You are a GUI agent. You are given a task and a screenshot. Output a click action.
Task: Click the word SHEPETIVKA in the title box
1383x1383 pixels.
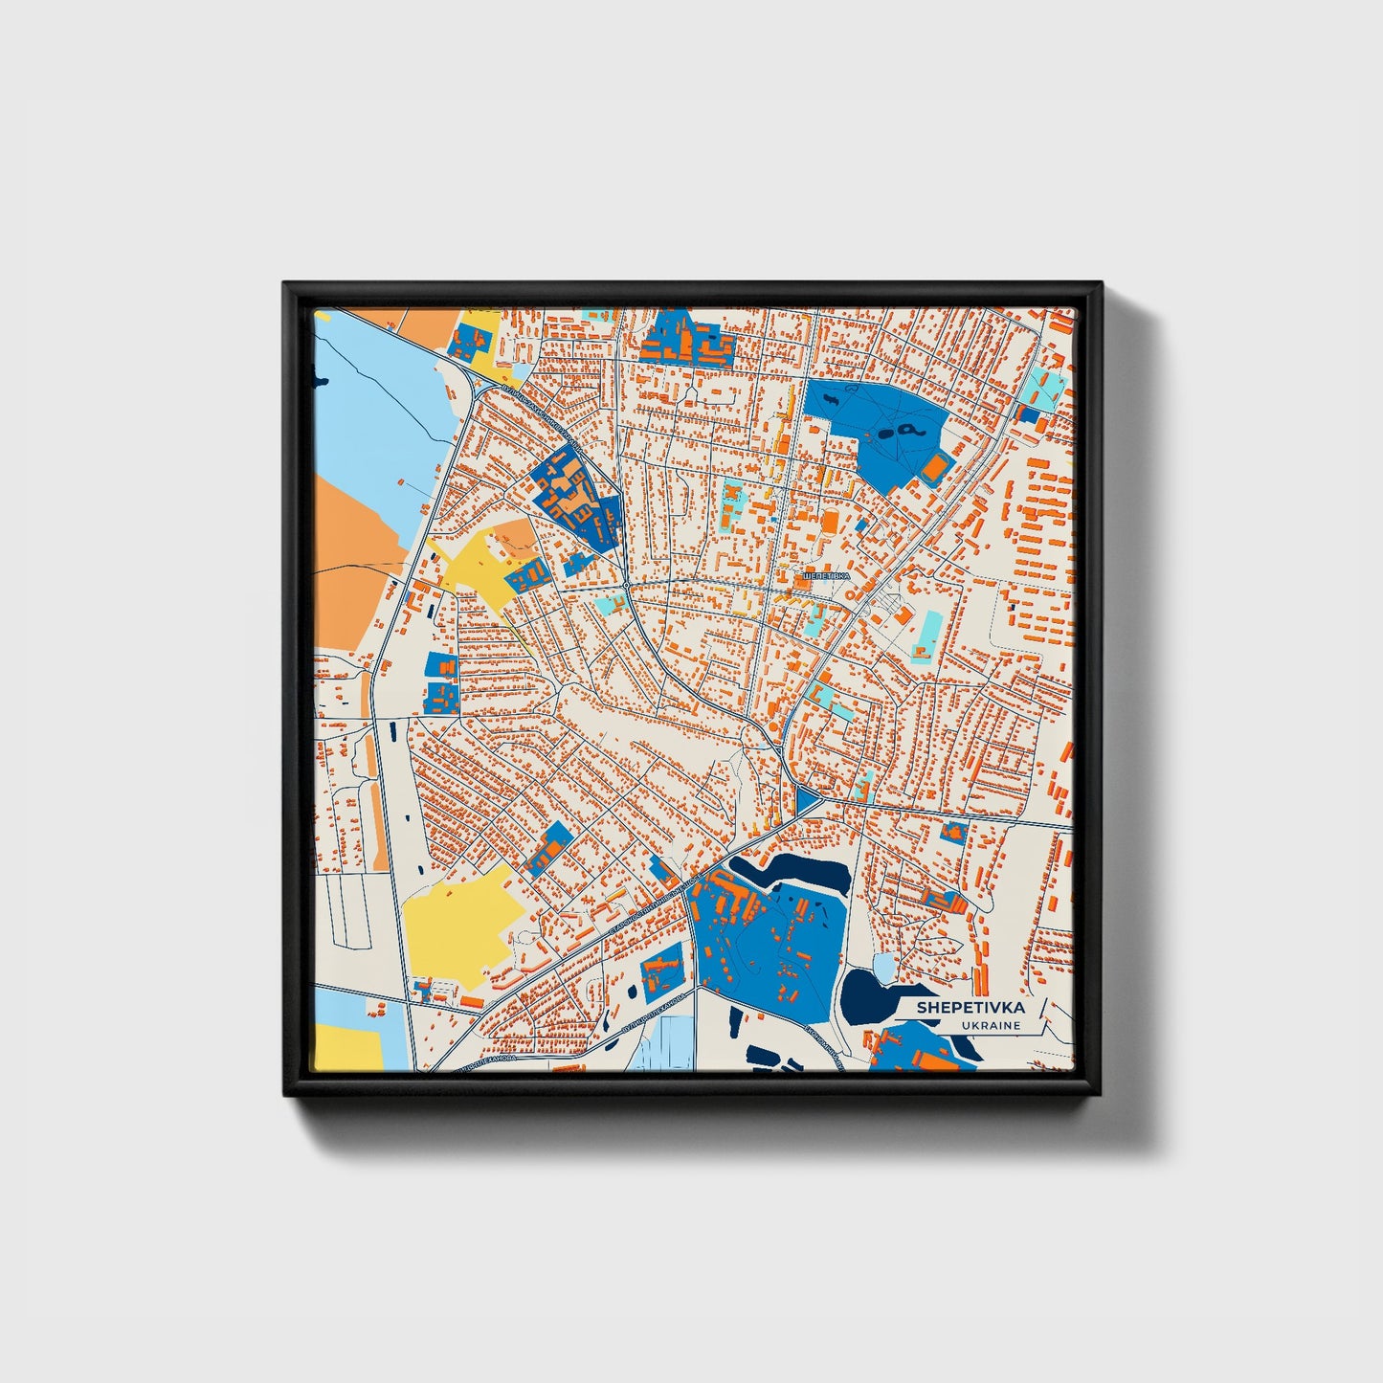970,1007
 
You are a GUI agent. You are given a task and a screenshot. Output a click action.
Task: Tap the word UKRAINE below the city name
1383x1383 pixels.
993,1025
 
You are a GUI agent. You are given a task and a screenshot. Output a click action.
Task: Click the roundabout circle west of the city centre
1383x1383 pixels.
625,583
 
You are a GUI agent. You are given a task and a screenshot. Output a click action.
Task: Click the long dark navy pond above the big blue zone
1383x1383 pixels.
794,871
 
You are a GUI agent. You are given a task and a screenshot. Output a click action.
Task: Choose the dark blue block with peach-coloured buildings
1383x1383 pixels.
575,498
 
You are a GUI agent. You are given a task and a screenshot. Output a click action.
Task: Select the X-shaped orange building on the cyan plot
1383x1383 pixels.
732,503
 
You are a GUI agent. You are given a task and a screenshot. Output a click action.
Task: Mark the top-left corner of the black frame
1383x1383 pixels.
286,284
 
